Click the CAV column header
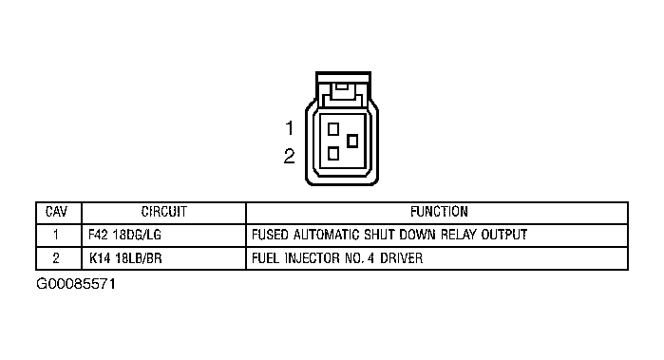pos(56,212)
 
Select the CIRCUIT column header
pos(164,212)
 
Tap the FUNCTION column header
pos(439,212)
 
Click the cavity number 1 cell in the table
pos(56,235)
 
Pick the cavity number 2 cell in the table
pos(56,258)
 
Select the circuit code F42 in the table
pos(98,235)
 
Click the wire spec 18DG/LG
pos(137,235)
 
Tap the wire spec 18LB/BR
pos(139,258)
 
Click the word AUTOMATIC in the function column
pos(327,235)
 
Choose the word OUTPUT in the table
pos(503,235)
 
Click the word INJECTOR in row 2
pos(313,258)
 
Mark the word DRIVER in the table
pos(401,258)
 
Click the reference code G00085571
pos(76,284)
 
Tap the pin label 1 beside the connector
pos(290,128)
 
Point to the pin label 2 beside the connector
pos(289,157)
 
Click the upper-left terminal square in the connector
pos(333,129)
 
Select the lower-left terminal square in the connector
pos(333,153)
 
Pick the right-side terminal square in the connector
pos(352,141)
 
